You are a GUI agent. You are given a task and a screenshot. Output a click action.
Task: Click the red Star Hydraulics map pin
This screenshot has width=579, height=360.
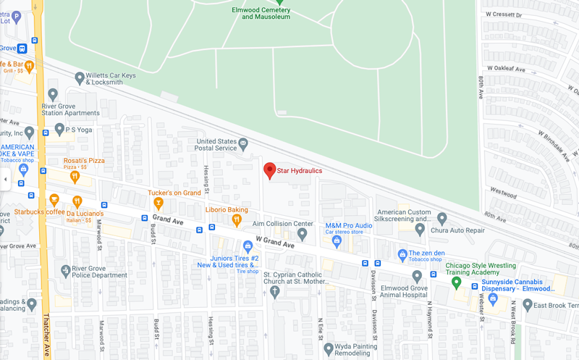coord(269,170)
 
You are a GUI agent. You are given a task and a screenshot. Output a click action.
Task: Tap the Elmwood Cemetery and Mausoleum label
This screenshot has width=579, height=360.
coord(261,12)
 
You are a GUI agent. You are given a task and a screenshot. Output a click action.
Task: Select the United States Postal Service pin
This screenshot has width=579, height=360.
coord(243,143)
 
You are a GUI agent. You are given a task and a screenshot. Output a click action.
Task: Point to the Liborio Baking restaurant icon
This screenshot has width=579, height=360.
coord(236,220)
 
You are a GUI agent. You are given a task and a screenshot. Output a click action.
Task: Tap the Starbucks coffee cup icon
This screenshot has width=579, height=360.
coord(54,200)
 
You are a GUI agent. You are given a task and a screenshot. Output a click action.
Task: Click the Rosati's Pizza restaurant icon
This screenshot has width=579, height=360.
coord(75,176)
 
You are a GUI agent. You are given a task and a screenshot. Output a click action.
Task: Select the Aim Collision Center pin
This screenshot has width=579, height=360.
coord(303,233)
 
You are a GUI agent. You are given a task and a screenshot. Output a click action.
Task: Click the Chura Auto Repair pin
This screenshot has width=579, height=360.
coord(420,229)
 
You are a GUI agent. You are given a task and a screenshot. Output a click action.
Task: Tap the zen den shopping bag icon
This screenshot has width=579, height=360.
coord(402,254)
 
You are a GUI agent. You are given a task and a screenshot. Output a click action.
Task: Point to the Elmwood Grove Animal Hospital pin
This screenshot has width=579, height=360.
coord(416,276)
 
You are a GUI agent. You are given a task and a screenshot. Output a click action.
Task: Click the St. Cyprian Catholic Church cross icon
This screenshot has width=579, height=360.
coord(274,292)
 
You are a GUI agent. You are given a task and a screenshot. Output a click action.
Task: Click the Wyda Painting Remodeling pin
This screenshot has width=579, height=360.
coord(329,348)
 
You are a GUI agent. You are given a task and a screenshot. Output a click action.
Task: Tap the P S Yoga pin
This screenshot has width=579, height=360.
coord(59,130)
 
